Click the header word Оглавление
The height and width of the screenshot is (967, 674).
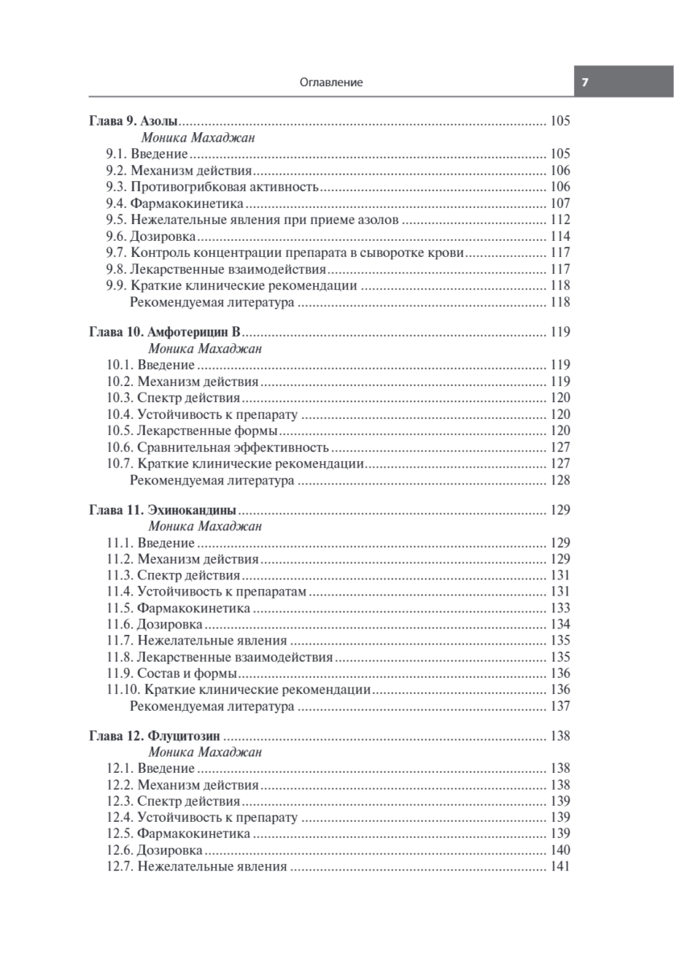330,82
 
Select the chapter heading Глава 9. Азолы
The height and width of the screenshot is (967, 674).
132,122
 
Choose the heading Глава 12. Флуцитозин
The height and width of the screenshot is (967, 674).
155,735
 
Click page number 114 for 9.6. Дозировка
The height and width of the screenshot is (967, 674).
560,237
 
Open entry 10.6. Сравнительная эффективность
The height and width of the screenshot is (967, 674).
217,447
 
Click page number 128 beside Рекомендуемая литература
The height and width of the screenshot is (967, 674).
560,481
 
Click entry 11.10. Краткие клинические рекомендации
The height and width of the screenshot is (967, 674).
238,690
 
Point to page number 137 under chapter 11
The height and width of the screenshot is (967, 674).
560,707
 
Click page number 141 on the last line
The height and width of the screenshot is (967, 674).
560,867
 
